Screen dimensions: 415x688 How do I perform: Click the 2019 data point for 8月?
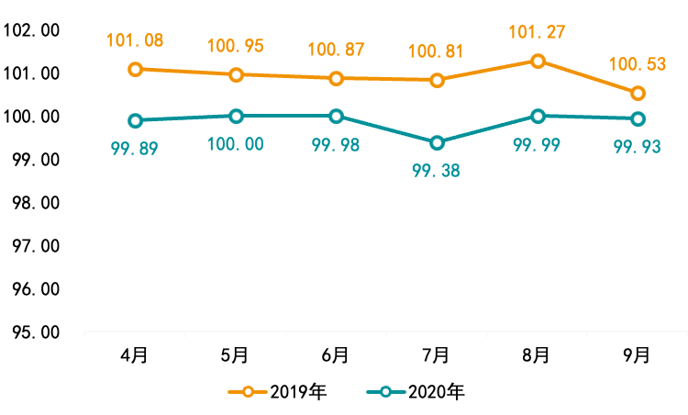point(538,61)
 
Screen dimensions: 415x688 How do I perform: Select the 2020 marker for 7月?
point(437,142)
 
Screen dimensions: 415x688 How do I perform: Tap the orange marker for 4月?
point(136,69)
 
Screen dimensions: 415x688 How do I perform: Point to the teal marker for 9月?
point(638,118)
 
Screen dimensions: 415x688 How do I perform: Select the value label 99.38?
point(437,170)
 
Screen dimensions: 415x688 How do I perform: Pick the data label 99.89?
point(135,147)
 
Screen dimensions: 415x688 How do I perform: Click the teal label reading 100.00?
point(236,144)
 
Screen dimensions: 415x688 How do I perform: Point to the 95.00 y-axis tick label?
point(31,331)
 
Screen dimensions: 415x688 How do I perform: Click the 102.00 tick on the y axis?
point(31,30)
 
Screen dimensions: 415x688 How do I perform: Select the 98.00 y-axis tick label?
point(31,202)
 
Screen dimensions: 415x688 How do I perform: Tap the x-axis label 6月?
point(337,353)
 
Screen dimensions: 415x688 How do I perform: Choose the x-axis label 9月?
point(638,353)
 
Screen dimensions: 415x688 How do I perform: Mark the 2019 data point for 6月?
point(337,78)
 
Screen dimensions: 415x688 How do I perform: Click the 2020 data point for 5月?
point(236,116)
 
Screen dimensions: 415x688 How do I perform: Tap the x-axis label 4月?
point(135,353)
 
